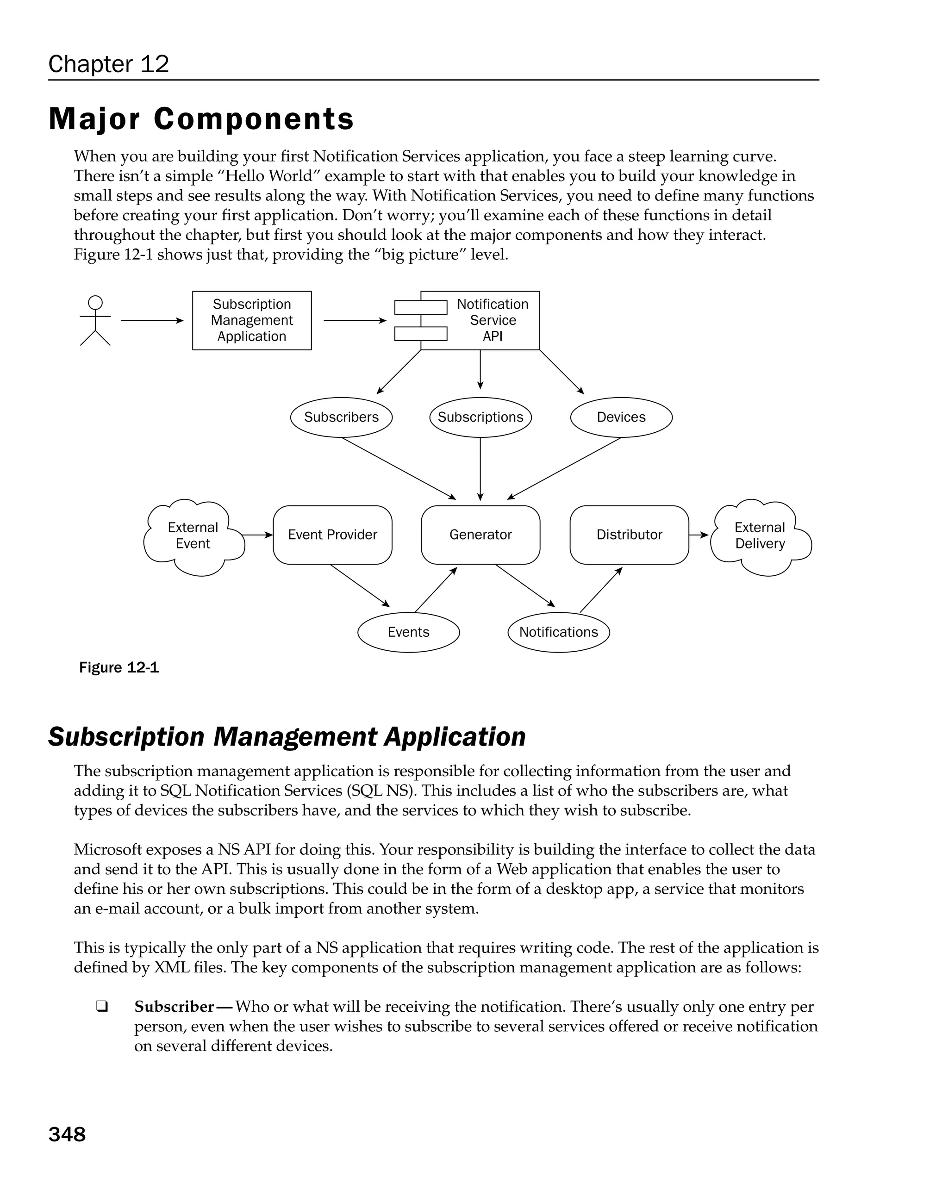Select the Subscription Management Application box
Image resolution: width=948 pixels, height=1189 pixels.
pyautogui.click(x=251, y=320)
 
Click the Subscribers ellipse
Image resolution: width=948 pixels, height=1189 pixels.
pyautogui.click(x=341, y=417)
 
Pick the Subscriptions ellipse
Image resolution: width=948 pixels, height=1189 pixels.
pyautogui.click(x=480, y=417)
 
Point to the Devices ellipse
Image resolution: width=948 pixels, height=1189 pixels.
pyautogui.click(x=621, y=417)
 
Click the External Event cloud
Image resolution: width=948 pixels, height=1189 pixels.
pyautogui.click(x=193, y=536)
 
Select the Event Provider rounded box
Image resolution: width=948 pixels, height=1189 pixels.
pyautogui.click(x=332, y=535)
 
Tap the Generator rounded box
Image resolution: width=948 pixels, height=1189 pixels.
pyautogui.click(x=480, y=535)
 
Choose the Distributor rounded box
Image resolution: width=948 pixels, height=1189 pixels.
pyautogui.click(x=629, y=535)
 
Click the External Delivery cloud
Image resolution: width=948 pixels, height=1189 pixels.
pyautogui.click(x=760, y=536)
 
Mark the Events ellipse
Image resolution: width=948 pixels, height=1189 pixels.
pyautogui.click(x=408, y=632)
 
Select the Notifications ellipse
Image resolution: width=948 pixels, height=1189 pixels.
pyautogui.click(x=558, y=632)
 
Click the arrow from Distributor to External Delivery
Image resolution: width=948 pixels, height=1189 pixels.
pyautogui.click(x=699, y=535)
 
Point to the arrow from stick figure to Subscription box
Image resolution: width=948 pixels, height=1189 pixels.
pyautogui.click(x=152, y=320)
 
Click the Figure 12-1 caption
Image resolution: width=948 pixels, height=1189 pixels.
pyautogui.click(x=119, y=667)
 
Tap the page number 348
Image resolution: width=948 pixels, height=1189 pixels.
pyautogui.click(x=67, y=1134)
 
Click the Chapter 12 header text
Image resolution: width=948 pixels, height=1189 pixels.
pyautogui.click(x=109, y=64)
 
